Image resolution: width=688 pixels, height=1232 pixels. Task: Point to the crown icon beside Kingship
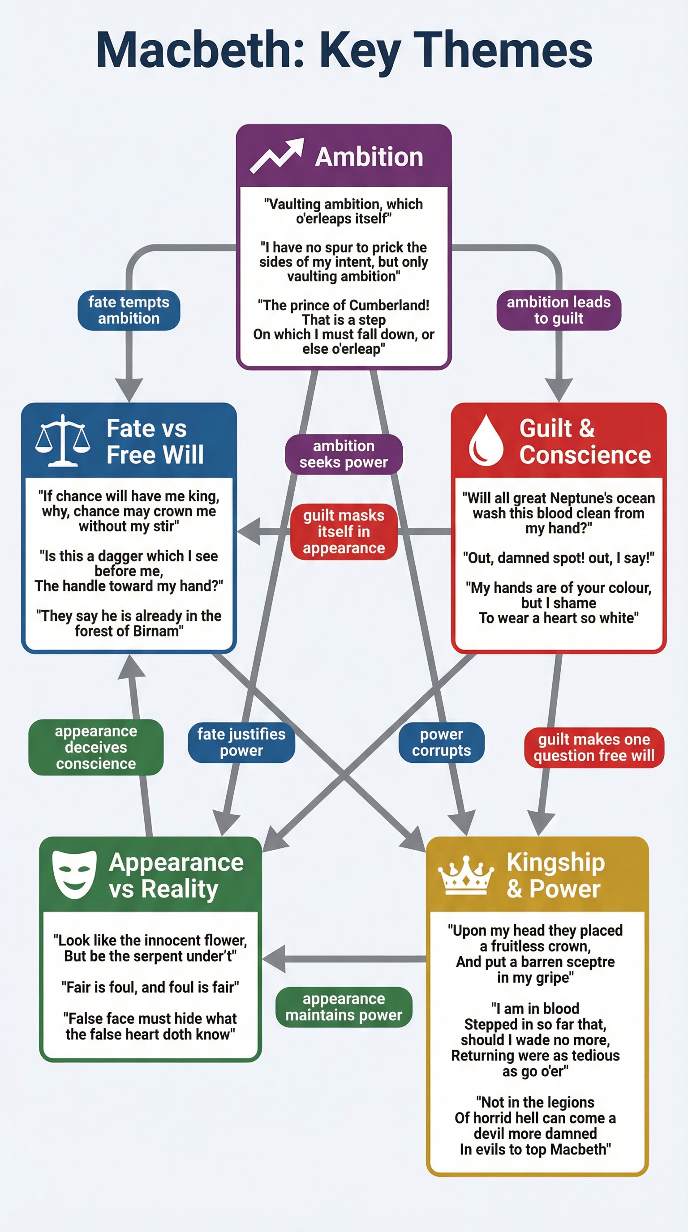tap(465, 875)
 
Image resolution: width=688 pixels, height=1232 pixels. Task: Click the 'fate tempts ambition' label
tap(129, 310)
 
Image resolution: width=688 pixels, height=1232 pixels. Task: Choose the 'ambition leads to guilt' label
tap(559, 310)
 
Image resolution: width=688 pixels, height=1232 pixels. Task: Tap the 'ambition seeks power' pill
tap(344, 454)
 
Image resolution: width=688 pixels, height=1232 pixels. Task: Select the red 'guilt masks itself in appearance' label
tap(344, 531)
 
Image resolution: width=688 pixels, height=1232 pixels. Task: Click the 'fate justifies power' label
tap(241, 742)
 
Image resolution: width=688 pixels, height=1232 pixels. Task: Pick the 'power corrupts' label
tap(441, 742)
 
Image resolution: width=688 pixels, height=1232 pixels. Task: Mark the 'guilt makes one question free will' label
tap(594, 748)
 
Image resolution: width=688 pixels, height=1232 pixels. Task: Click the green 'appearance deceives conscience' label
tap(96, 747)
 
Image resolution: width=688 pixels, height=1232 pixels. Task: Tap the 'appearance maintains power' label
tap(344, 1007)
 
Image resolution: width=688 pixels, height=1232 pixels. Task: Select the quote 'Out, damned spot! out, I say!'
tap(559, 558)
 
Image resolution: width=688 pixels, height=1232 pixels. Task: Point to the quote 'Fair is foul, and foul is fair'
tap(150, 987)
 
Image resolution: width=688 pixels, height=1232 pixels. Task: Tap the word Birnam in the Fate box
tap(154, 631)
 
